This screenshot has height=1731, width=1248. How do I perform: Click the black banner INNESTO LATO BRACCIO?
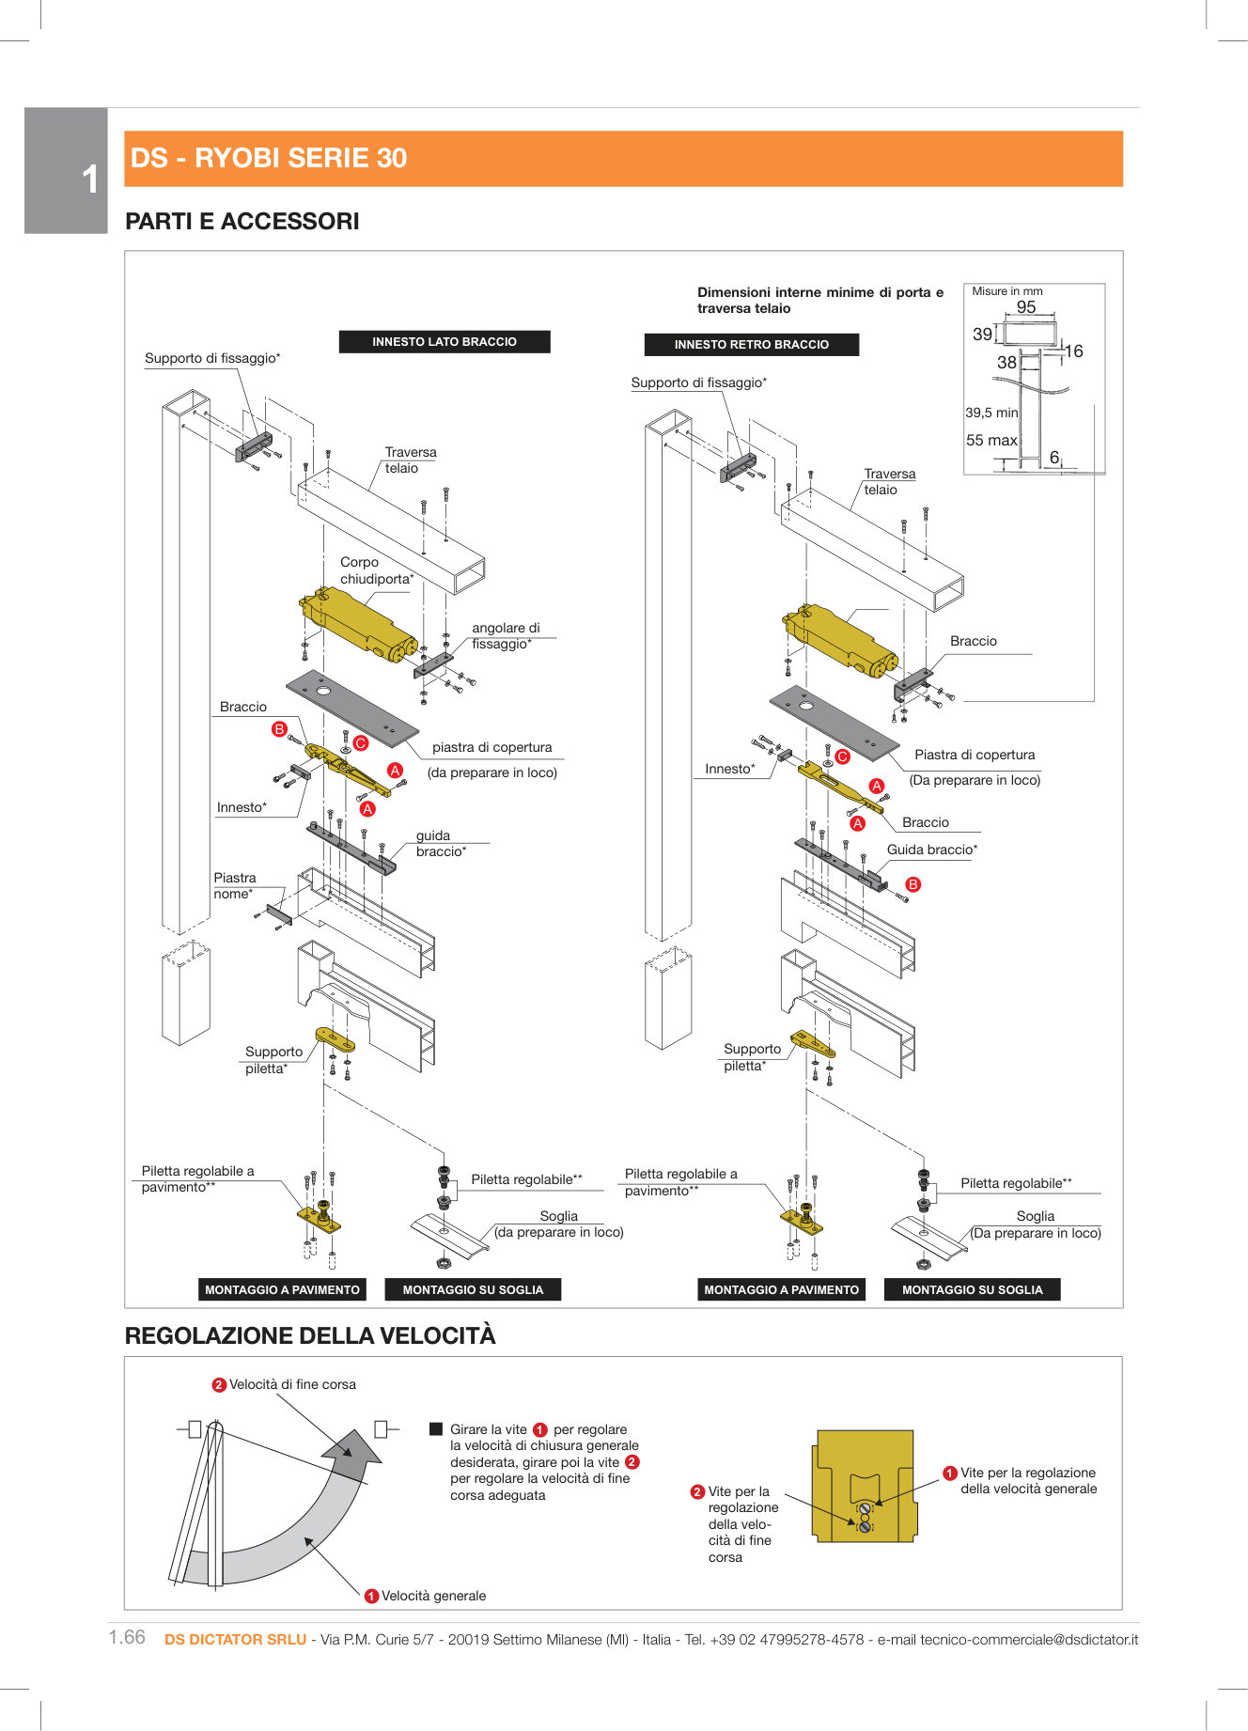pyautogui.click(x=444, y=342)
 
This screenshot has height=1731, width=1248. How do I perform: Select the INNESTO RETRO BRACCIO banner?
pyautogui.click(x=751, y=345)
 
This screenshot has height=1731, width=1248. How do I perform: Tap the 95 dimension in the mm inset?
pyautogui.click(x=1026, y=307)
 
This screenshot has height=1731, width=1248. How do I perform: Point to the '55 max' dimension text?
pyautogui.click(x=991, y=441)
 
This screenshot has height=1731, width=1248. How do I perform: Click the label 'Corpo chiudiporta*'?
pyautogui.click(x=376, y=570)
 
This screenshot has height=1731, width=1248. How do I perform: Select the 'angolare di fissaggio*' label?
pyautogui.click(x=506, y=636)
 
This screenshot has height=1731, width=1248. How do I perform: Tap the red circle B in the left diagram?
pyautogui.click(x=279, y=729)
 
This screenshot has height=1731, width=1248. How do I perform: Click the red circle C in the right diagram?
pyautogui.click(x=842, y=756)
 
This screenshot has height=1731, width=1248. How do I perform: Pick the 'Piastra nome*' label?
pyautogui.click(x=234, y=885)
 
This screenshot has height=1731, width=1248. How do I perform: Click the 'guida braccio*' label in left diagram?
pyautogui.click(x=440, y=843)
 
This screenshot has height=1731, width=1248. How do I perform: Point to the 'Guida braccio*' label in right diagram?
pyautogui.click(x=931, y=850)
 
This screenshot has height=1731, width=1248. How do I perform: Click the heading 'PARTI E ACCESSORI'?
pyautogui.click(x=242, y=222)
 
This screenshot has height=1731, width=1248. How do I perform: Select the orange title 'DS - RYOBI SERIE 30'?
pyautogui.click(x=269, y=158)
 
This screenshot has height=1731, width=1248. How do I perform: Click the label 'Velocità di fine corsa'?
pyautogui.click(x=292, y=1384)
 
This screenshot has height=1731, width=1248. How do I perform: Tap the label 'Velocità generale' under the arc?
pyautogui.click(x=433, y=1596)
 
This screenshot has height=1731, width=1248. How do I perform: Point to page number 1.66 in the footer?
pyautogui.click(x=127, y=1637)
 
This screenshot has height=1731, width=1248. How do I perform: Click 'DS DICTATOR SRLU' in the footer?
pyautogui.click(x=235, y=1639)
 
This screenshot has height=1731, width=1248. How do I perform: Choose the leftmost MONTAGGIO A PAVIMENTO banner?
pyautogui.click(x=282, y=1289)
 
